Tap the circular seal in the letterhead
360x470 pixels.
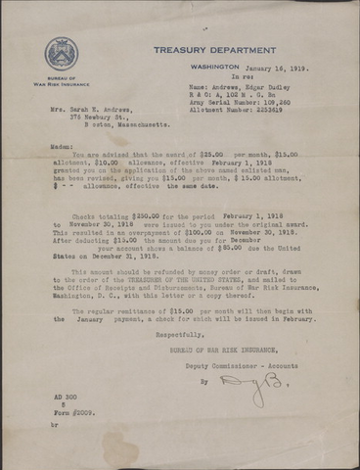pyautogui.click(x=61, y=55)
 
